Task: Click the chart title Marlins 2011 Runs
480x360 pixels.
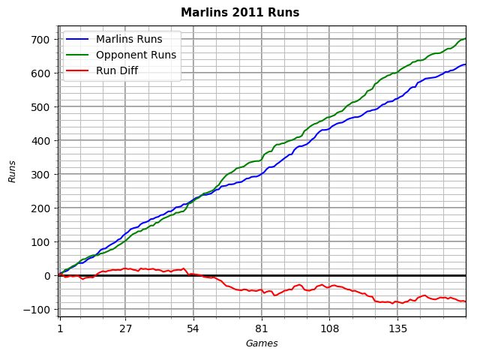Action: [x=240, y=13]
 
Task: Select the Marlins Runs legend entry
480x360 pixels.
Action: [x=128, y=39]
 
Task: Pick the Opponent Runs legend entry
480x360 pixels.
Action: [x=136, y=55]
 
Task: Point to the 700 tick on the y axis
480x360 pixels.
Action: [x=42, y=39]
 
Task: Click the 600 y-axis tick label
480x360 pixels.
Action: [x=42, y=73]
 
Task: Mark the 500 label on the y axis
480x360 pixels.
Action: [x=42, y=106]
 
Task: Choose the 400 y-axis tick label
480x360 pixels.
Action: [x=42, y=140]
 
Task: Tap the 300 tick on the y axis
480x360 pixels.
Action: [x=42, y=174]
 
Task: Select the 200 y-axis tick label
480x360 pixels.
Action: [x=42, y=208]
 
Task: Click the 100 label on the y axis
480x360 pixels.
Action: [x=42, y=241]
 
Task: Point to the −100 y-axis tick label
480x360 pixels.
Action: [x=39, y=309]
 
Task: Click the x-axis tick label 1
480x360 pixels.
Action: [x=59, y=328]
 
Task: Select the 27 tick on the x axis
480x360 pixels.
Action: [x=125, y=328]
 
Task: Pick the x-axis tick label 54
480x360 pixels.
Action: [x=193, y=328]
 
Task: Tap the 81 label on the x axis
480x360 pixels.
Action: [x=261, y=328]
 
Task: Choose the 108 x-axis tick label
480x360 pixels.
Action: [x=329, y=328]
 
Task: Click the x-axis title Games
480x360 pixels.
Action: [x=262, y=343]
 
